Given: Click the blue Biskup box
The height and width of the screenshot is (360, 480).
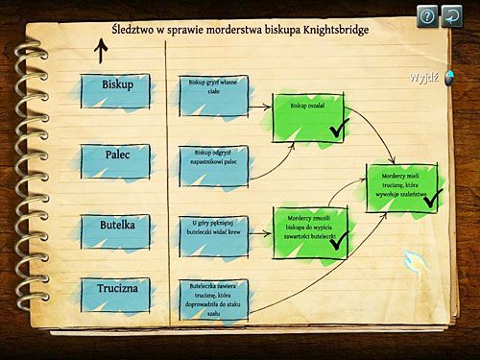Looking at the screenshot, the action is (117, 85).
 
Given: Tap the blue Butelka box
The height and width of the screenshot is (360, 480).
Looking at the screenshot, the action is (117, 226).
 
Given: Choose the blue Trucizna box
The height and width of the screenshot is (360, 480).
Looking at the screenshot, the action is (117, 292).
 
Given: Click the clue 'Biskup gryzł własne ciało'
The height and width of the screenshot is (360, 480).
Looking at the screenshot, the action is (210, 89).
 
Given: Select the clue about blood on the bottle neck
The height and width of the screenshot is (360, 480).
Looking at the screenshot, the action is (210, 231).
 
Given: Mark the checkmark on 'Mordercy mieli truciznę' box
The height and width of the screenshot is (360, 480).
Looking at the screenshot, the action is (431, 197).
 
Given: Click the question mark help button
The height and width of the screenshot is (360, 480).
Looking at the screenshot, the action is (427, 14).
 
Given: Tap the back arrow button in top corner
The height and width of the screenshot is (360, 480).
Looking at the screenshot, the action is (453, 14).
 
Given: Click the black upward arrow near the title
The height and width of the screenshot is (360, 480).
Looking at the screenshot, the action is (101, 50).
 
